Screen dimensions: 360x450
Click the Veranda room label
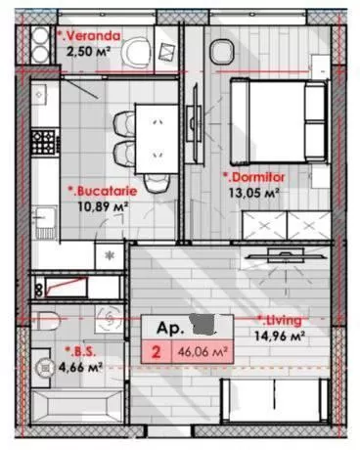pyautogui.click(x=89, y=36)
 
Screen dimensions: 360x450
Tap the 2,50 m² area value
pyautogui.click(x=87, y=52)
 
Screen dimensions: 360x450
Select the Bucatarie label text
pyautogui.click(x=103, y=191)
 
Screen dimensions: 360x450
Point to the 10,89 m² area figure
pyautogui.click(x=103, y=206)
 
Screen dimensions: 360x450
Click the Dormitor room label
pyautogui.click(x=253, y=177)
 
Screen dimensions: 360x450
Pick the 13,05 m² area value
pyautogui.click(x=254, y=193)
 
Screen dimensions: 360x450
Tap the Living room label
pyautogui.click(x=280, y=321)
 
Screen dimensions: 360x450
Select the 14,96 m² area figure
pyautogui.click(x=280, y=336)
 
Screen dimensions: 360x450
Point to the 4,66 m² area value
pyautogui.click(x=80, y=367)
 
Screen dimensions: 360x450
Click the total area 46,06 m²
pyautogui.click(x=202, y=352)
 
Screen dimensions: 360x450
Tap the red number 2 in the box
pyautogui.click(x=157, y=352)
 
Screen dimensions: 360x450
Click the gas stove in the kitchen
pyautogui.click(x=43, y=142)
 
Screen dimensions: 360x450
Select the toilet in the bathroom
pyautogui.click(x=46, y=321)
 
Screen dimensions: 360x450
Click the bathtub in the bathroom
pyautogui.click(x=77, y=406)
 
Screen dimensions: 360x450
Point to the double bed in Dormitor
pyautogui.click(x=278, y=121)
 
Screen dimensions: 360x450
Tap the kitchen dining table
pyautogui.click(x=157, y=139)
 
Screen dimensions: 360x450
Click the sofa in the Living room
pyautogui.click(x=276, y=401)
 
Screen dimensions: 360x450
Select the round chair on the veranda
pyautogui.click(x=137, y=52)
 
